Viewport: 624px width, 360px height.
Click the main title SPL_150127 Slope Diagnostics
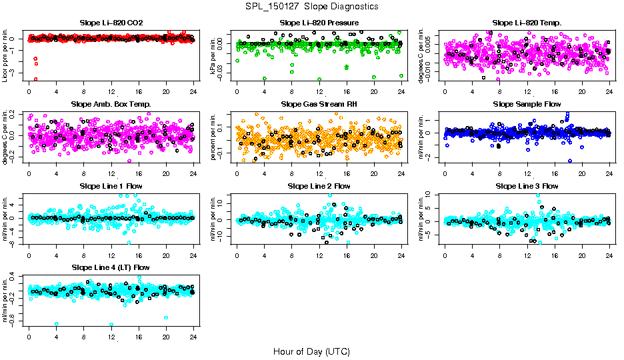pyautogui.click(x=311, y=6)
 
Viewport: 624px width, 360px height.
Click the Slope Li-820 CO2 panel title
pyautogui.click(x=111, y=23)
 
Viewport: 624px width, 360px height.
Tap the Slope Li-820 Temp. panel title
pyautogui.click(x=527, y=23)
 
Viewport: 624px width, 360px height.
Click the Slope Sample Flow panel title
pyautogui.click(x=527, y=104)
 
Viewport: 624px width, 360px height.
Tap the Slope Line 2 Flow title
pyautogui.click(x=319, y=185)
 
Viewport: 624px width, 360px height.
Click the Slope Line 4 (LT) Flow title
pyautogui.click(x=111, y=267)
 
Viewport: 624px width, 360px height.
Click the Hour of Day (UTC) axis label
pyautogui.click(x=311, y=351)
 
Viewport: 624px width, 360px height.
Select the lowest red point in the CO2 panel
pyautogui.click(x=35, y=79)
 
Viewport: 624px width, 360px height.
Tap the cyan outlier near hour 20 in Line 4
pyautogui.click(x=166, y=317)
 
